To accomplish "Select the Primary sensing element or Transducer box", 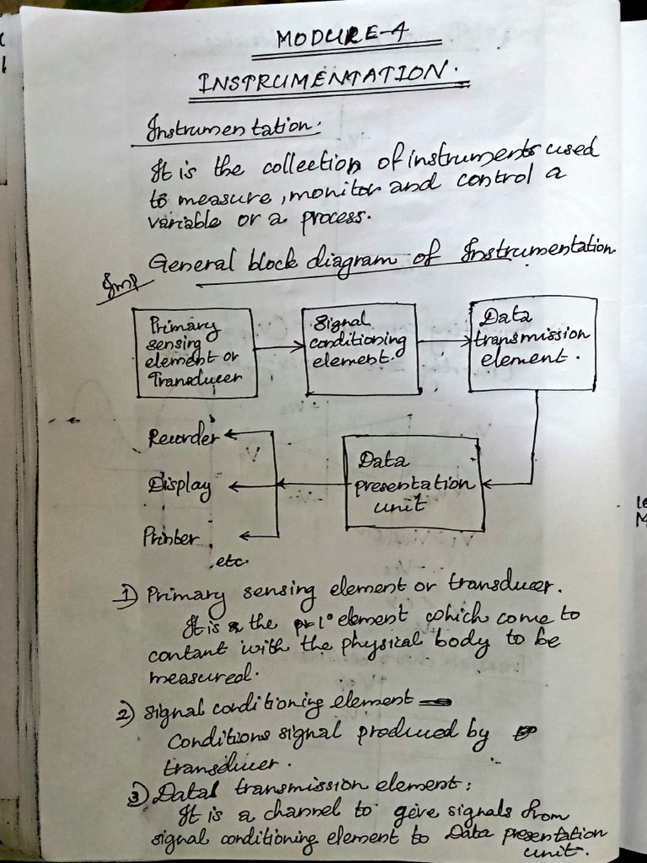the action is pos(195,351).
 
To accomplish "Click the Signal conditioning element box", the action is pos(361,349).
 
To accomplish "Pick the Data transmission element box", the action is pos(532,343).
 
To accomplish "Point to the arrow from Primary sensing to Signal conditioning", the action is pos(279,346).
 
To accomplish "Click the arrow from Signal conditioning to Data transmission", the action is pos(444,342).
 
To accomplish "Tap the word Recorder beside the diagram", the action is pos(183,437).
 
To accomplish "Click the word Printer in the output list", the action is pos(171,536).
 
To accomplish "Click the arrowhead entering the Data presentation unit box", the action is pos(489,485).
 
